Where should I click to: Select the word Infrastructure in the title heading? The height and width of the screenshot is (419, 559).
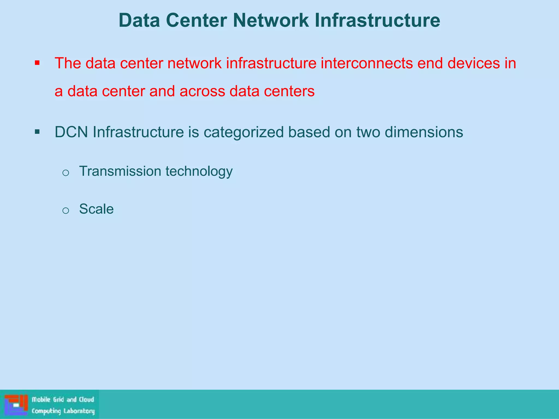click(x=377, y=20)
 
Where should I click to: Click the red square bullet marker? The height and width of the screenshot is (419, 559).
click(x=37, y=64)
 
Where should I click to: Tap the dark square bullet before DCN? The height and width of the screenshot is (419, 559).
click(x=37, y=132)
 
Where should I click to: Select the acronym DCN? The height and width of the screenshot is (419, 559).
click(x=71, y=132)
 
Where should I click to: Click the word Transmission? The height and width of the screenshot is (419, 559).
click(x=120, y=171)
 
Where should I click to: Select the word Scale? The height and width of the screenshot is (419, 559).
click(x=96, y=209)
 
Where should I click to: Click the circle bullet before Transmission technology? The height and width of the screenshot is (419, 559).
click(x=66, y=173)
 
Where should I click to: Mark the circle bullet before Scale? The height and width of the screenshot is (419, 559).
click(x=66, y=211)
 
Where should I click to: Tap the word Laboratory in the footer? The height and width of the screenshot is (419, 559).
click(x=79, y=411)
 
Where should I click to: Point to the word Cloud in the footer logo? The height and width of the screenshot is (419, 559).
click(x=87, y=400)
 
